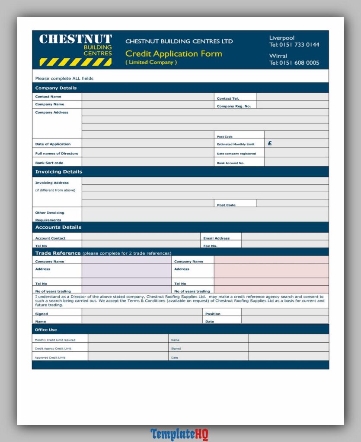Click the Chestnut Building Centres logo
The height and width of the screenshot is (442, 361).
(75, 50)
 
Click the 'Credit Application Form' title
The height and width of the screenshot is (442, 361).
(173, 54)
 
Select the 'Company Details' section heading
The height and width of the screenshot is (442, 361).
(56, 88)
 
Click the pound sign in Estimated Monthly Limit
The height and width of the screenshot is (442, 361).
(270, 143)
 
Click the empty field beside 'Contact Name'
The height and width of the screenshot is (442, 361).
(148, 97)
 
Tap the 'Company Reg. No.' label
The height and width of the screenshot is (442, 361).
(233, 106)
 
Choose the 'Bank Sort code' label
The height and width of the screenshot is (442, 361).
(49, 163)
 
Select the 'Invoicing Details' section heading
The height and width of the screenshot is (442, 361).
(58, 172)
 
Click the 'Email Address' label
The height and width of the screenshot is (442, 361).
(216, 238)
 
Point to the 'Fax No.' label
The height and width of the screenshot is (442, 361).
(210, 246)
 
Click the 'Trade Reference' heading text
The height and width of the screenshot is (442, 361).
(58, 253)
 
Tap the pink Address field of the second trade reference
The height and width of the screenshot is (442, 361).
(271, 271)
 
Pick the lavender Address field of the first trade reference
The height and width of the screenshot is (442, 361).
(126, 271)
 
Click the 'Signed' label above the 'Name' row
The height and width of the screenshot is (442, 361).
(42, 314)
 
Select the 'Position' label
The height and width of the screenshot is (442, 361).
(213, 314)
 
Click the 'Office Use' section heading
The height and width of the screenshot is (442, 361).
(46, 330)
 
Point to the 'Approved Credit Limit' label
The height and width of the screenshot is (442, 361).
(50, 357)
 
